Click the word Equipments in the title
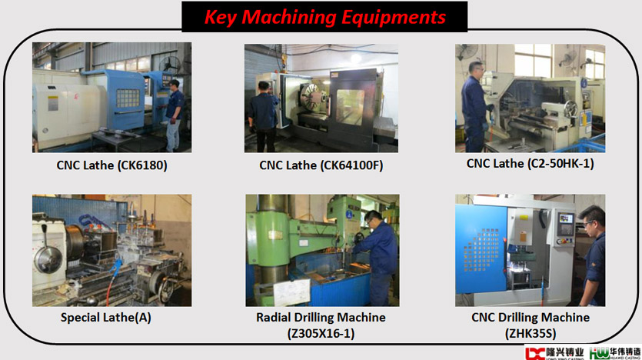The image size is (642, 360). click(x=394, y=18)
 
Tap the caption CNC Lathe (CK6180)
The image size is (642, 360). click(x=111, y=165)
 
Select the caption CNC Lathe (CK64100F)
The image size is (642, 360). click(x=321, y=165)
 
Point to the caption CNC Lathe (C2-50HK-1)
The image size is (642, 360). click(x=531, y=164)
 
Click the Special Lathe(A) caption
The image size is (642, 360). click(x=106, y=318)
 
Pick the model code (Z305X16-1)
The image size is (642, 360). click(x=321, y=333)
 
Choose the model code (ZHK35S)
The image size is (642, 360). click(x=531, y=333)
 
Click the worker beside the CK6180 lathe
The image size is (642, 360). click(x=175, y=115)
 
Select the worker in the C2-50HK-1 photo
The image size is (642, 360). click(x=475, y=107)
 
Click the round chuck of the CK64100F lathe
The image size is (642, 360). click(x=311, y=98)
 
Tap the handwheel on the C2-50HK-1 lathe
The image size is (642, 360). click(x=570, y=108)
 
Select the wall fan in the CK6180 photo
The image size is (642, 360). click(x=169, y=65)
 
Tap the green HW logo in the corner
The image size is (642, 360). click(x=599, y=353)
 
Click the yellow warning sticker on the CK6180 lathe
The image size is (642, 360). click(x=53, y=103)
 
